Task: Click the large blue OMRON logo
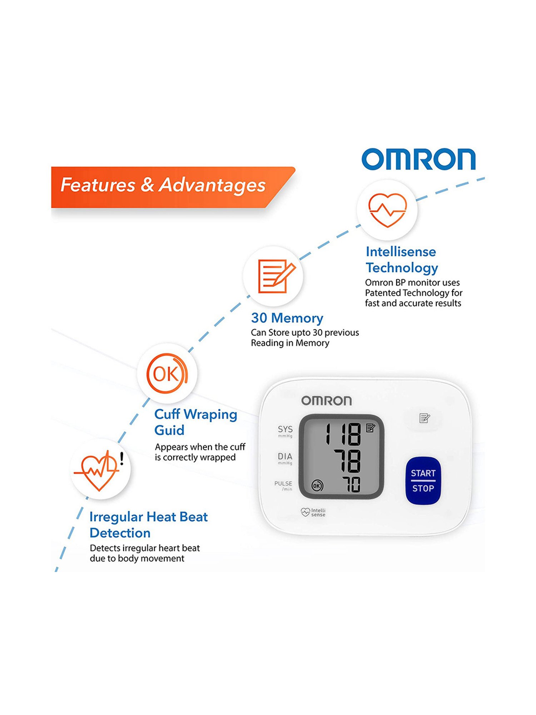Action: coord(418,159)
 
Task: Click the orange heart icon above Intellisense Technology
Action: coord(387,210)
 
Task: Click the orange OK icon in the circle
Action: coord(167,374)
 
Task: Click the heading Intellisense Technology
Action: coord(402,260)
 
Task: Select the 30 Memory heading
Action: coord(287,318)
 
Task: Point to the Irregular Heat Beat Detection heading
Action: coord(148,524)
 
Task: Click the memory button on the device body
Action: coord(424,418)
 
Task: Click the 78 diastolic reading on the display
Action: coord(347,461)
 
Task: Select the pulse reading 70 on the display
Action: coord(352,485)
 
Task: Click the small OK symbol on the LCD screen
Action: coord(317,485)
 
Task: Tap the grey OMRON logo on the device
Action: coord(326,401)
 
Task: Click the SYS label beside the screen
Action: coord(285,429)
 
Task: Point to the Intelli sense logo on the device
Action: coord(313,512)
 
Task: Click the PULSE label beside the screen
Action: coord(283,484)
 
